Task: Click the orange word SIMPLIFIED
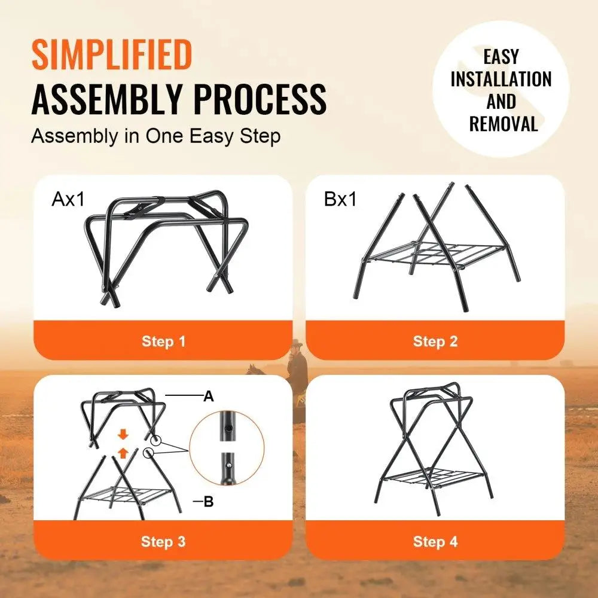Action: pos(111,55)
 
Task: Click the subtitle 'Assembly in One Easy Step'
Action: pos(155,136)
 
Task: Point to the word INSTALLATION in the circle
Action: pos(501,79)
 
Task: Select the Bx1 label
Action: pos(340,199)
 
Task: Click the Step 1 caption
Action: pos(163,341)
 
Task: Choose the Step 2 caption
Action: pos(435,341)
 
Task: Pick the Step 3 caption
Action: pos(163,542)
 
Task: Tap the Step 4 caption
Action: pos(435,542)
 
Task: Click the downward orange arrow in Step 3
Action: pos(123,433)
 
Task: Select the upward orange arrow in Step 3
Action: pos(123,453)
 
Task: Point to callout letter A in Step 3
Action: pos(209,396)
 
